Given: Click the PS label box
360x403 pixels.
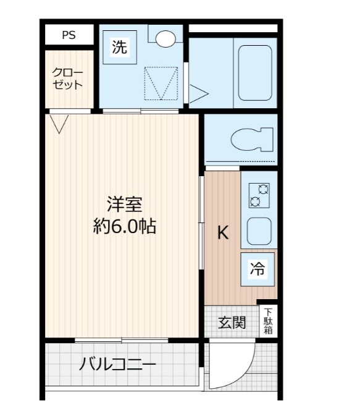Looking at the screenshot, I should pos(69,35).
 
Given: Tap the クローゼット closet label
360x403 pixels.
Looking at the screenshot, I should pos(67,79).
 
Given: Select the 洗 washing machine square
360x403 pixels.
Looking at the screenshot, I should pos(120,48).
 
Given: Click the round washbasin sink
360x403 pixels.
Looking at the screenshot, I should pos(165,39).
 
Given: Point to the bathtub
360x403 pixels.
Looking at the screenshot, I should pos(254,72).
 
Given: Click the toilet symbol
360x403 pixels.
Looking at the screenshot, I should pos(251,138).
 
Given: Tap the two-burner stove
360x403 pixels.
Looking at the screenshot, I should pos(258,195).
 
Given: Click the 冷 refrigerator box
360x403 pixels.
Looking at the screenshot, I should pos(257,268).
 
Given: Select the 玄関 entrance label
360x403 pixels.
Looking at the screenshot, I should pos(232,322).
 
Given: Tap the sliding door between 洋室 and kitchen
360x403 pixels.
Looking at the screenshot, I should pos(201,223).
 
